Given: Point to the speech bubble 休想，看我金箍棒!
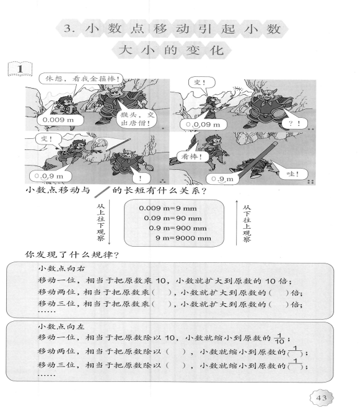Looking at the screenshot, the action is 81,79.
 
